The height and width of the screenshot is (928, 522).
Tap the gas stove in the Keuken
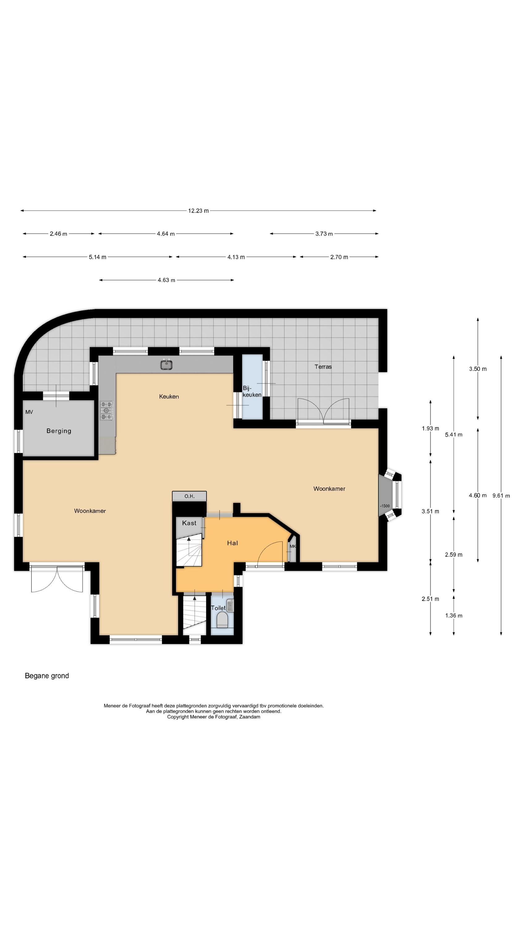tap(106, 410)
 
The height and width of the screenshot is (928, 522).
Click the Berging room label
tap(59, 431)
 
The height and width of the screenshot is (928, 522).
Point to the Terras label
tap(323, 367)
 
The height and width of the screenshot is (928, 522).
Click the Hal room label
tap(232, 543)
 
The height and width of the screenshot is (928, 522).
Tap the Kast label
tap(189, 523)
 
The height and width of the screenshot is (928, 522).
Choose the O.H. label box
tap(189, 496)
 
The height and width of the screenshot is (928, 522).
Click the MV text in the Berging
tap(29, 412)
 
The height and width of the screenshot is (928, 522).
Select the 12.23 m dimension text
tap(198, 211)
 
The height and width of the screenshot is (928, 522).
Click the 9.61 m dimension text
tap(501, 496)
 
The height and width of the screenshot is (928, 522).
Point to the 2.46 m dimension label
tap(58, 234)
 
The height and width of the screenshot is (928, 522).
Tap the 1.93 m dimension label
tap(430, 428)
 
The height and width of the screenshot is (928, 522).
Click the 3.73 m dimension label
tap(324, 234)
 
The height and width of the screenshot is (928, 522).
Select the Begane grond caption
tap(47, 676)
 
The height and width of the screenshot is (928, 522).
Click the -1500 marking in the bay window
tap(385, 506)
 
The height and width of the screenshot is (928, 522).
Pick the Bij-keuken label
tap(252, 391)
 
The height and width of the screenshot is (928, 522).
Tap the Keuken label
tap(169, 397)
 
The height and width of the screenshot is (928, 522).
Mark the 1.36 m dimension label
tap(454, 615)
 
